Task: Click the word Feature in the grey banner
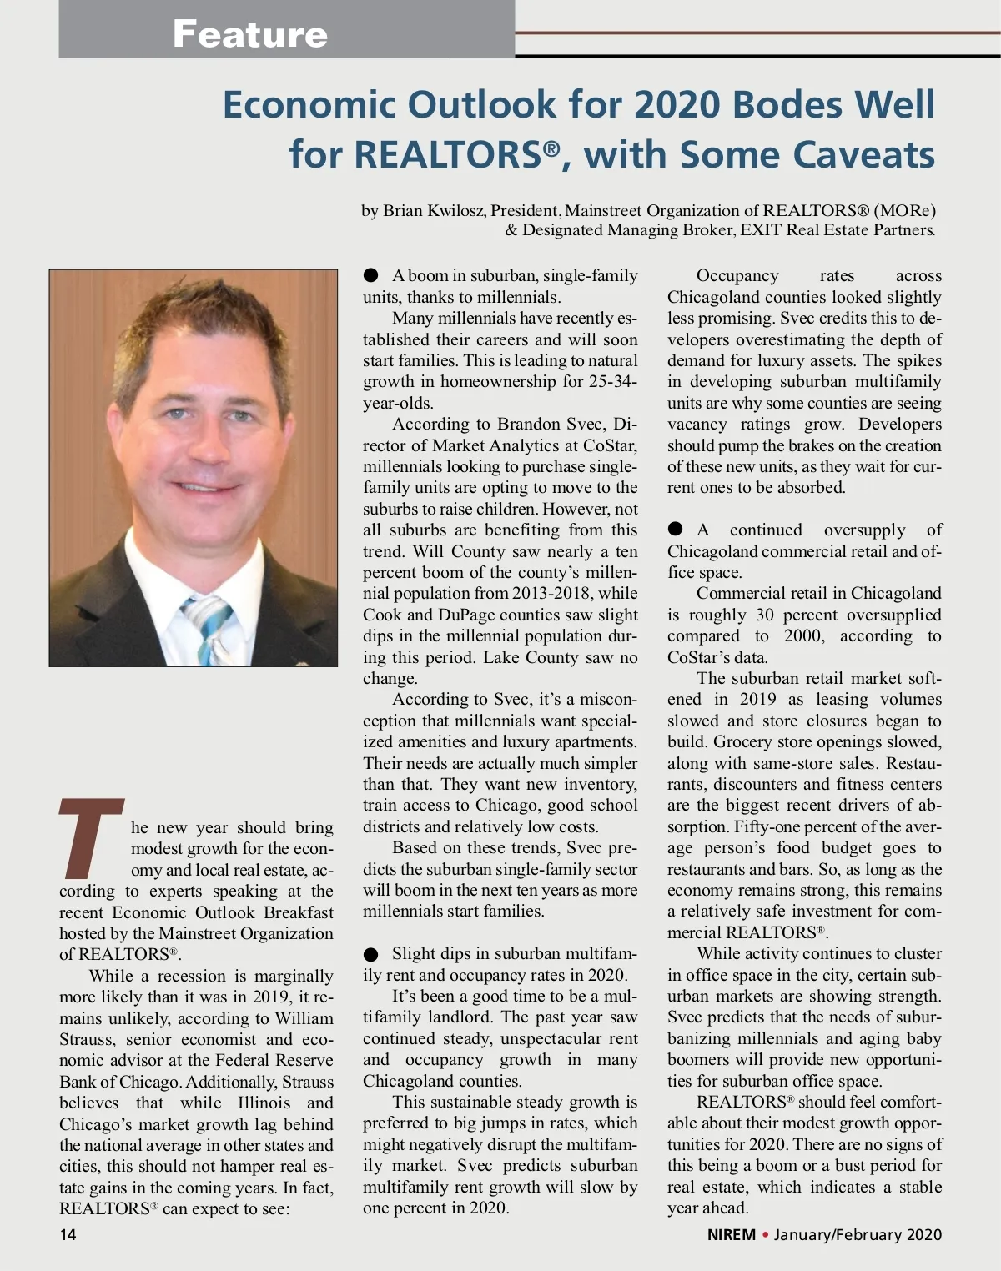coord(249,34)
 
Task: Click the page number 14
coord(68,1234)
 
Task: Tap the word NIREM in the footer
coord(731,1234)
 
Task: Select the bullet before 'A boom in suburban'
coord(371,275)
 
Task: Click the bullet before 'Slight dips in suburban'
coord(371,954)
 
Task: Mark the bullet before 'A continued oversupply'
coord(676,530)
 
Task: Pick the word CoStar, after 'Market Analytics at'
coord(610,445)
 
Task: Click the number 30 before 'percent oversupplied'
coord(765,615)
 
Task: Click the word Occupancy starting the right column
coord(737,275)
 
